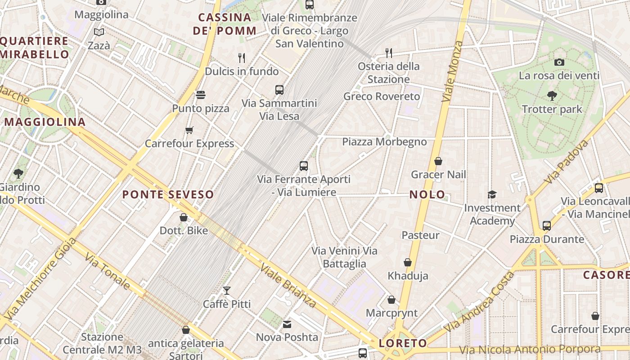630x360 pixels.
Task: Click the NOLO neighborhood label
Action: pyautogui.click(x=427, y=195)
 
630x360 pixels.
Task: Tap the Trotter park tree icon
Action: pyautogui.click(x=552, y=95)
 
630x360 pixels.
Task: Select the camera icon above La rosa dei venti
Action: pyautogui.click(x=559, y=62)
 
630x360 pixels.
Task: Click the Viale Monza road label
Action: pyautogui.click(x=452, y=71)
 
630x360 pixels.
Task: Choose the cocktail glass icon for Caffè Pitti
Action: pyautogui.click(x=227, y=291)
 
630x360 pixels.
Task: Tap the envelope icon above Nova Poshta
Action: pyautogui.click(x=287, y=324)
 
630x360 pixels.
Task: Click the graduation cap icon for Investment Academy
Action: pyautogui.click(x=492, y=194)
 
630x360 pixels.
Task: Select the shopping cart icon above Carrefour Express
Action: pyautogui.click(x=189, y=130)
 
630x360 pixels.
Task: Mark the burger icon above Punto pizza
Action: pyautogui.click(x=201, y=95)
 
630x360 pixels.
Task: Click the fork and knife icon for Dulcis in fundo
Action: pyautogui.click(x=242, y=58)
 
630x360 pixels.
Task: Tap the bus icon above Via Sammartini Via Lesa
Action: pyautogui.click(x=279, y=90)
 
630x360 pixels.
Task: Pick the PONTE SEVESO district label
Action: pyautogui.click(x=168, y=195)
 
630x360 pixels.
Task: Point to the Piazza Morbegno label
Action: pyautogui.click(x=384, y=142)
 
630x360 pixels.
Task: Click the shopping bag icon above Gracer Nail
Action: pyautogui.click(x=438, y=161)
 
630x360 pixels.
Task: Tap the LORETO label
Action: pyautogui.click(x=403, y=343)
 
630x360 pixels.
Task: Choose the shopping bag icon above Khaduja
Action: pyautogui.click(x=408, y=262)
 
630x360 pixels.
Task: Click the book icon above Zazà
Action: pyautogui.click(x=99, y=32)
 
